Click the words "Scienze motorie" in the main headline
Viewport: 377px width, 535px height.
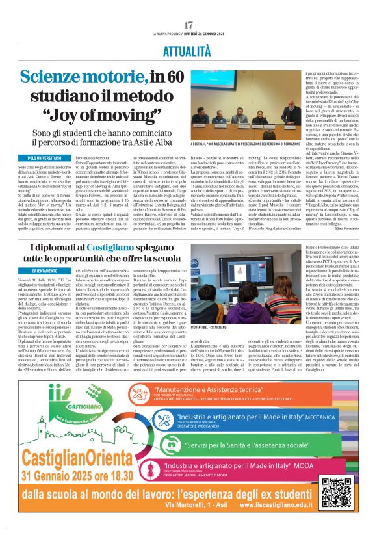[x=92, y=77]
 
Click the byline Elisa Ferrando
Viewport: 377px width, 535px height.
[x=352, y=229]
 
